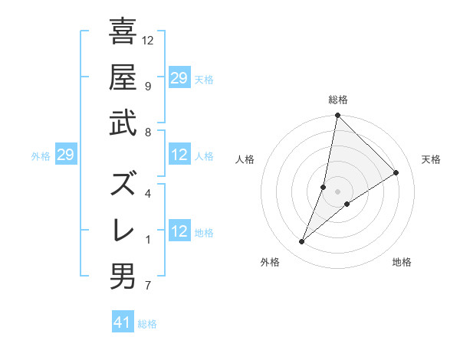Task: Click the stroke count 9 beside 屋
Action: click(148, 85)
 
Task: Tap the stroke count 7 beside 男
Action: click(148, 286)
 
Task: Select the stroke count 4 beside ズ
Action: click(148, 193)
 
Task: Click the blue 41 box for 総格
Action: click(123, 322)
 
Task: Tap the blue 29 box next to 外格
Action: click(65, 155)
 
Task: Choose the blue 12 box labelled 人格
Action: click(179, 155)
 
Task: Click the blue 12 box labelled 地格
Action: click(179, 232)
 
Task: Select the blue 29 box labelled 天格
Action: click(179, 78)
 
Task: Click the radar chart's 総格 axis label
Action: click(338, 100)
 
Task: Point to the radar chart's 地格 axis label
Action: click(402, 263)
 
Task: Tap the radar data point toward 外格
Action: click(302, 242)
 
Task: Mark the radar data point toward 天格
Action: click(396, 173)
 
